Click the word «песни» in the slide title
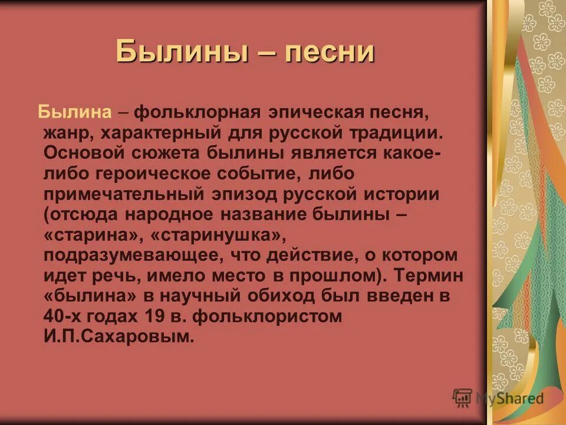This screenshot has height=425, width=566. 330,52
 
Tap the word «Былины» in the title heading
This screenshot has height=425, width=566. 180,52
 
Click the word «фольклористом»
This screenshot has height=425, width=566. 267,316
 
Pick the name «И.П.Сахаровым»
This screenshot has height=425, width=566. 119,337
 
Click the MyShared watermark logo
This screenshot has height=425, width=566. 498,398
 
